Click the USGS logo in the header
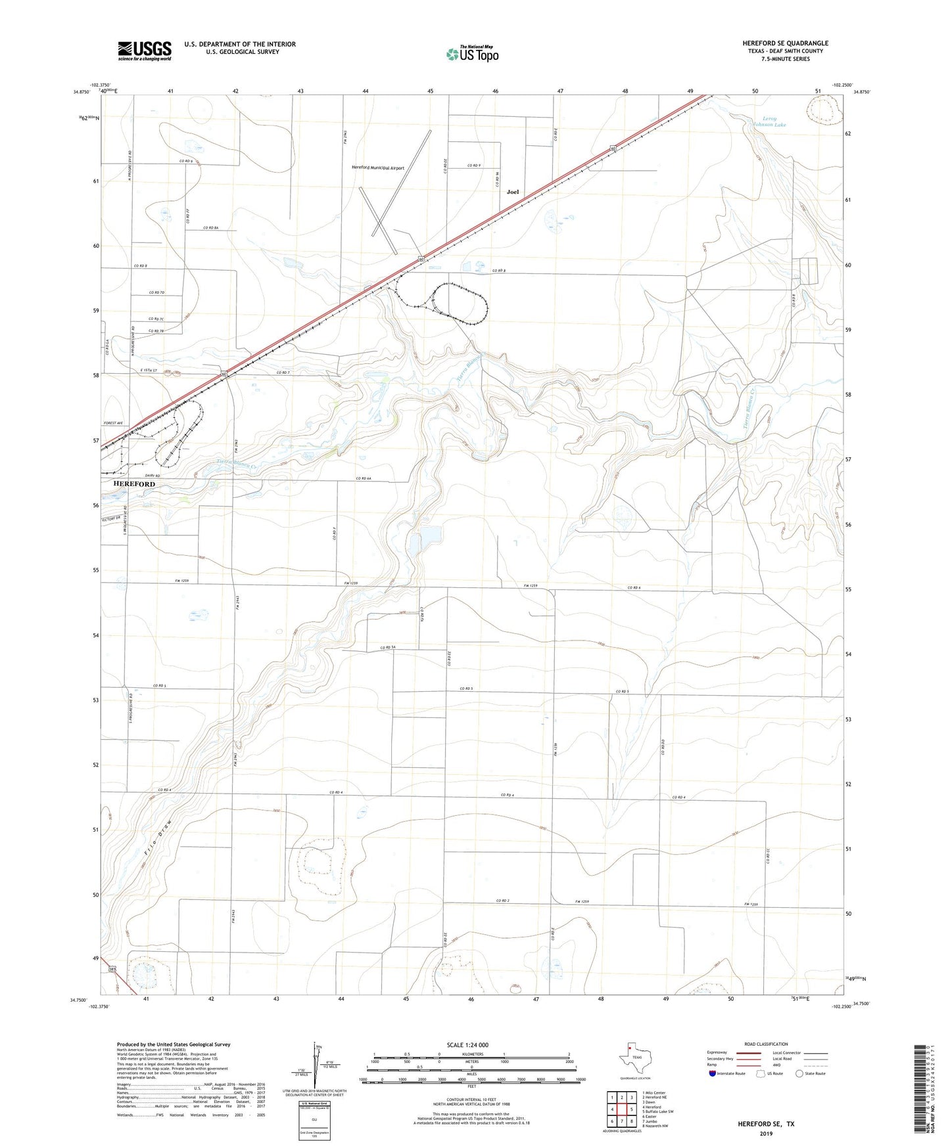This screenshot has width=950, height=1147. click(x=145, y=51)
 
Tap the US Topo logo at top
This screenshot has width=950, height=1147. click(x=471, y=54)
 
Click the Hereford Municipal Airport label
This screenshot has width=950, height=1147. click(x=378, y=168)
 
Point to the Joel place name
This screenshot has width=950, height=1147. click(x=513, y=192)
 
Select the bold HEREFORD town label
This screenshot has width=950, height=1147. click(x=134, y=484)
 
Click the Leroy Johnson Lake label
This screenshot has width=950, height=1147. click(x=769, y=122)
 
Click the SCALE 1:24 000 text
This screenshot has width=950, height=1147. click(x=467, y=1045)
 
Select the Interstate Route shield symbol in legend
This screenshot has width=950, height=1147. click(x=713, y=1073)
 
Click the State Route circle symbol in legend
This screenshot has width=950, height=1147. click(x=799, y=1073)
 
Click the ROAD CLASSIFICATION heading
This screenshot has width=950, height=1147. click(x=766, y=1044)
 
